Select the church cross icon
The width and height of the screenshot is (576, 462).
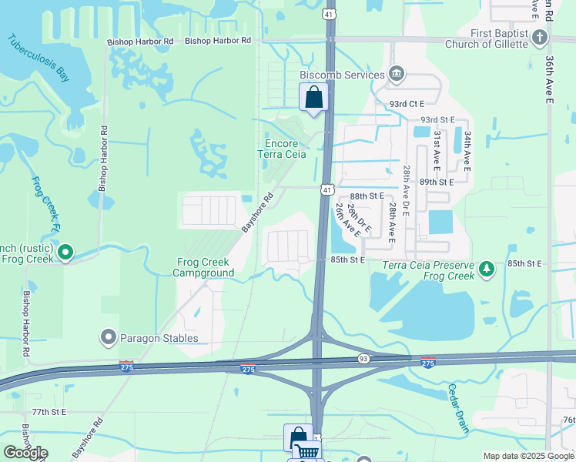(x=540, y=38)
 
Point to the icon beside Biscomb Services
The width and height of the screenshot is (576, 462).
(x=397, y=74)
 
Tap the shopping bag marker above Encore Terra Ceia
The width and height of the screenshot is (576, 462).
(x=313, y=98)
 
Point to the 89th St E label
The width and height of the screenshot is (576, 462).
(x=437, y=182)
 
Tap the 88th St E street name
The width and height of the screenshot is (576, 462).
(x=367, y=196)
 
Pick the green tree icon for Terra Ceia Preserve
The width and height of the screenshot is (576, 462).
(x=486, y=269)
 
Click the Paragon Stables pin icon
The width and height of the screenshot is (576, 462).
(x=108, y=337)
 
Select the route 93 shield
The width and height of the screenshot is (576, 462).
(x=363, y=359)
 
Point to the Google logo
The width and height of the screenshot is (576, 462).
(x=25, y=453)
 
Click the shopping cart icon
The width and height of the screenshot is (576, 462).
(x=306, y=453)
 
